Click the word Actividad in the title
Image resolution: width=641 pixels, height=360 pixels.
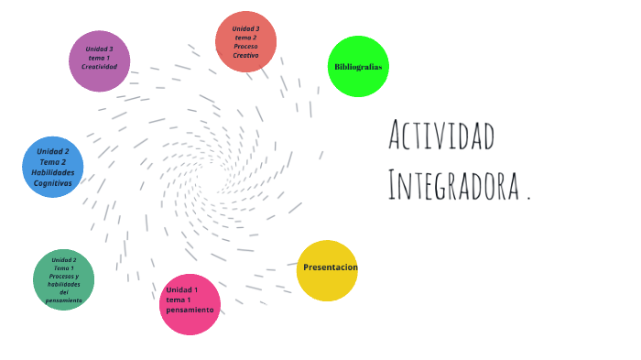tap(441, 137)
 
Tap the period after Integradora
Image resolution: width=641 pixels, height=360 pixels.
tap(528, 196)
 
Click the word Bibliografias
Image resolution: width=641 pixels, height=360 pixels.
tap(358, 67)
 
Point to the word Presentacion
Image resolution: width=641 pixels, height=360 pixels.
tap(330, 267)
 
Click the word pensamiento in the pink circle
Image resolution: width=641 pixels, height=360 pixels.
tap(190, 310)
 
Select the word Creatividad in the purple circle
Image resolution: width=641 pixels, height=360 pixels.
tap(99, 67)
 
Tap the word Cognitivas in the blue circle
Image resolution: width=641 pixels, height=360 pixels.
tap(53, 183)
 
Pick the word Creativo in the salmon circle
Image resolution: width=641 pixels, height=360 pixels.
tap(245, 56)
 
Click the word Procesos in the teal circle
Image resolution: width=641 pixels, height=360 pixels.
tap(64, 277)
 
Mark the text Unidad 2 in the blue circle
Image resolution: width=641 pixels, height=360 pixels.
tap(53, 151)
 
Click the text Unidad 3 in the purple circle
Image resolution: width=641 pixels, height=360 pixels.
tap(99, 49)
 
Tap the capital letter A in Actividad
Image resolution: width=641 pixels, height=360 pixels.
tap(397, 137)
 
